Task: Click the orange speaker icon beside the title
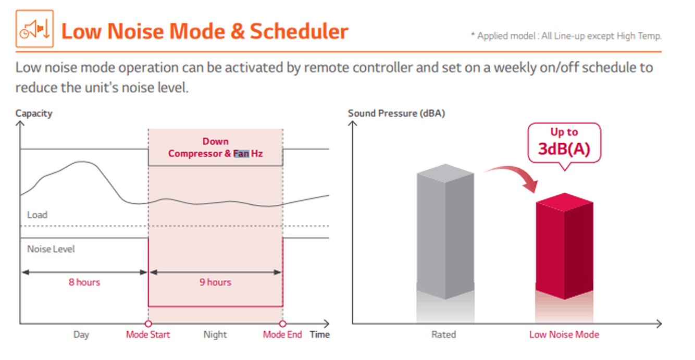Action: [34, 29]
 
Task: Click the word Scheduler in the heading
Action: [299, 31]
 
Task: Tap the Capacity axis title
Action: [34, 113]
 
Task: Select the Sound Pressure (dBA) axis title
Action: [396, 113]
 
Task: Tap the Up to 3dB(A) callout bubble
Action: [564, 143]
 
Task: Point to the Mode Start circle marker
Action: [148, 324]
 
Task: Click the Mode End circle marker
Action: [282, 324]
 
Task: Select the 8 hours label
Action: [84, 282]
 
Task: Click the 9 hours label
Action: [215, 282]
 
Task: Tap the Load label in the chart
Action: [37, 215]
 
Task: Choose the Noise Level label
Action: [51, 249]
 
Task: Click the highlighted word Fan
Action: [241, 154]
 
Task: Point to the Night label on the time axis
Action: [215, 334]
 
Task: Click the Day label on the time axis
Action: [81, 335]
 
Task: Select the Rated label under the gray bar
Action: [444, 334]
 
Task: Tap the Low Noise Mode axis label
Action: [564, 334]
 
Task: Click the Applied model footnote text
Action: [566, 36]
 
